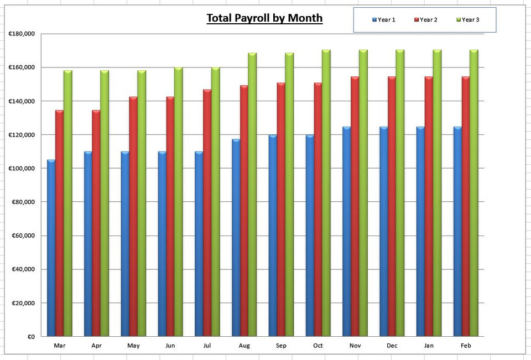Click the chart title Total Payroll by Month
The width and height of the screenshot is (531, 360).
[x=264, y=18]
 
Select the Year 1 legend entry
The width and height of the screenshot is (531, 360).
[x=384, y=20]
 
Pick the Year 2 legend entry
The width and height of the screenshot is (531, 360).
[x=426, y=20]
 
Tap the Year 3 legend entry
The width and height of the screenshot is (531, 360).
[x=468, y=20]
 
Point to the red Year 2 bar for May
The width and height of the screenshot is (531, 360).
[x=133, y=216]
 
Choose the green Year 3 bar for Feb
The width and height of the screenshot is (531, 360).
[x=474, y=193]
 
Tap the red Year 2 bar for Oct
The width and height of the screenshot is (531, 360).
[x=318, y=210]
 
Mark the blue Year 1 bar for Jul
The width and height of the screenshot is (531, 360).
[x=199, y=244]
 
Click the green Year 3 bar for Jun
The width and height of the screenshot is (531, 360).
[x=178, y=202]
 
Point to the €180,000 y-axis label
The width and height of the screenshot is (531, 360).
[x=22, y=34]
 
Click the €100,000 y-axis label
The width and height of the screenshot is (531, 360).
[x=22, y=169]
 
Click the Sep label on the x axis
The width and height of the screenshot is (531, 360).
[x=281, y=346]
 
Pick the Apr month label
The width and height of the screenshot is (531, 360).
[x=96, y=346]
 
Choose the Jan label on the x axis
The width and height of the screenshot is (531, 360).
[x=429, y=346]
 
